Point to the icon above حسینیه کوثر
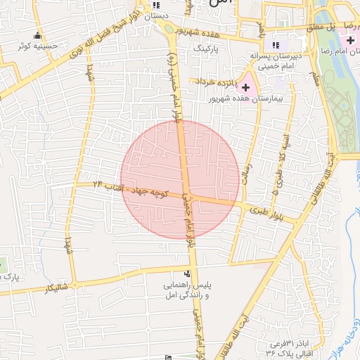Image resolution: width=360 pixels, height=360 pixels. click(37, 36)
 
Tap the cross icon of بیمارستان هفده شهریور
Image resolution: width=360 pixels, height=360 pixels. click(245, 88)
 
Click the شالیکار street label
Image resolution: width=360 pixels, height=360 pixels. click(56, 288)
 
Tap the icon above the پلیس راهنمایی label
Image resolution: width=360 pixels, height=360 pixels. click(186, 274)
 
